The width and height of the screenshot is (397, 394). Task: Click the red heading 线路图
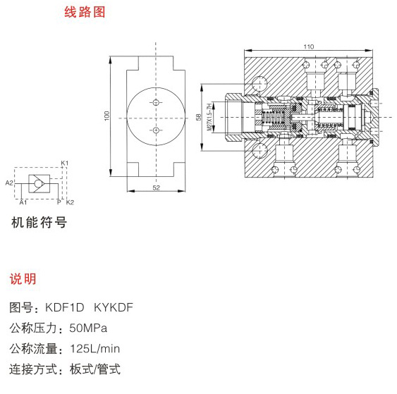point(85,12)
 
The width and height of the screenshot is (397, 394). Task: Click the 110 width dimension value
point(309,47)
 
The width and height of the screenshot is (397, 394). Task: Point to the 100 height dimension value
point(107,116)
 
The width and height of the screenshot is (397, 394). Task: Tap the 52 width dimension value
point(157,187)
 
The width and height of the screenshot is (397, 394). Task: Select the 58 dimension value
point(199,117)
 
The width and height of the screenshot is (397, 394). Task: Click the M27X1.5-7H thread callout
point(209,117)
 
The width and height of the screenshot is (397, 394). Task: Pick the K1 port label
point(65,163)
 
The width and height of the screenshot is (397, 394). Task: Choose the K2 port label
point(70,202)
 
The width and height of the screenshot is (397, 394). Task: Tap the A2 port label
point(9,183)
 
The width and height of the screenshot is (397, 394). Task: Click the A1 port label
point(23,202)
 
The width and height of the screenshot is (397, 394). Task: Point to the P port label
point(59,202)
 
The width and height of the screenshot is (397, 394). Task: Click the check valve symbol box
point(39,183)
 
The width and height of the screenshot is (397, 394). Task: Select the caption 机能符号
point(39,223)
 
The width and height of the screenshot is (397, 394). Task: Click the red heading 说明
point(23,279)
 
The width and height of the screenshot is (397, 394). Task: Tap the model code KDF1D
point(64,307)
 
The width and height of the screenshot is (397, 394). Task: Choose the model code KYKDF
point(114,307)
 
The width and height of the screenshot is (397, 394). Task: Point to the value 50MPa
point(88,328)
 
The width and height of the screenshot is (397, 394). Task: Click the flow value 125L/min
point(95,349)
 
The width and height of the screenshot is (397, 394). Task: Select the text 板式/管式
point(95,369)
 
